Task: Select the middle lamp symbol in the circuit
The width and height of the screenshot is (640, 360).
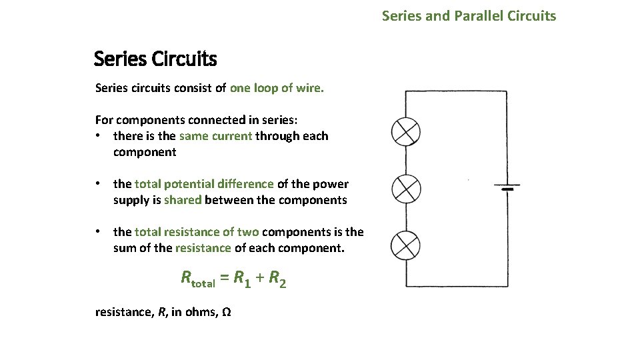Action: tap(405, 189)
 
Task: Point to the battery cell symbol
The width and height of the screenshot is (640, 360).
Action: tap(507, 187)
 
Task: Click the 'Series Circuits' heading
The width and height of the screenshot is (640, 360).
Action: tap(155, 59)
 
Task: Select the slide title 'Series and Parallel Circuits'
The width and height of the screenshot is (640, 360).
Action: tap(469, 15)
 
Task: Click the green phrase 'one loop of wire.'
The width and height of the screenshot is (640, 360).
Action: tap(277, 88)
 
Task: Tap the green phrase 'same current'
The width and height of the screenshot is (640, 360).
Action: tap(215, 136)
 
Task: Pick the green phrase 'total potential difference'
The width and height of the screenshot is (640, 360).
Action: tap(204, 184)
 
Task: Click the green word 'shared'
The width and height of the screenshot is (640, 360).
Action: tap(183, 200)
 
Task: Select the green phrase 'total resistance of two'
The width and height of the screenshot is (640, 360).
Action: tap(197, 232)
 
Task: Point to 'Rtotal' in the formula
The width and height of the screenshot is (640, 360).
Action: tap(198, 279)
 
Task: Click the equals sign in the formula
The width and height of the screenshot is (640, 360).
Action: tap(225, 279)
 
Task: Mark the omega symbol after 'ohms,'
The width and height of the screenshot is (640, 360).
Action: tap(226, 312)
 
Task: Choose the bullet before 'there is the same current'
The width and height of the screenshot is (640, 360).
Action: tap(98, 136)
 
